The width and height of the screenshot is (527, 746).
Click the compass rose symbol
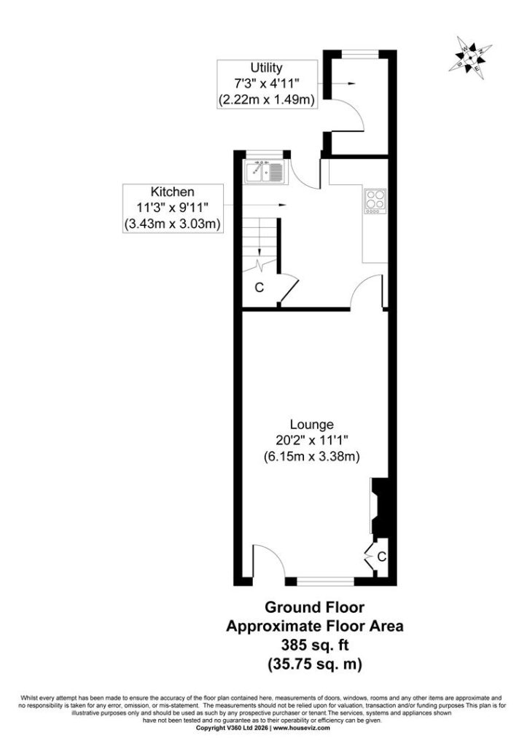pos(470,57)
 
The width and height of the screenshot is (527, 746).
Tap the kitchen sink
pos(265,171)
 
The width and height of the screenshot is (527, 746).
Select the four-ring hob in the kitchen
pos(375,201)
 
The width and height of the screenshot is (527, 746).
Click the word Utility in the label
pos(266,68)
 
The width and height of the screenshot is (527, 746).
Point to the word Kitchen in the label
pos(172,192)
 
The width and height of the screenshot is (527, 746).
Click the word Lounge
pos(312,424)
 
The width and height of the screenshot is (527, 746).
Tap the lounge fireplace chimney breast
pos(380,508)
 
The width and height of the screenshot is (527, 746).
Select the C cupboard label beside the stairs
pos(259,288)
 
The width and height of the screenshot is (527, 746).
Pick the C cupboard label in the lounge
pos(381,556)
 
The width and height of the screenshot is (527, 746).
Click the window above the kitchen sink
pos(265,154)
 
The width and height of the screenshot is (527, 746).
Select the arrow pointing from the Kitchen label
pos(255,205)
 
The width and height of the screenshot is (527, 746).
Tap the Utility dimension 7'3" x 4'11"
pos(266,84)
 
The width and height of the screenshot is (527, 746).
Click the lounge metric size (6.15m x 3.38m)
pos(312,457)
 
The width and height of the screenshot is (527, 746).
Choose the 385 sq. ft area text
pos(315,645)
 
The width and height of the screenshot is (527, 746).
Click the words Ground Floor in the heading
pos(315,608)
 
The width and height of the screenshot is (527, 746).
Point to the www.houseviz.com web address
pos(301,728)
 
